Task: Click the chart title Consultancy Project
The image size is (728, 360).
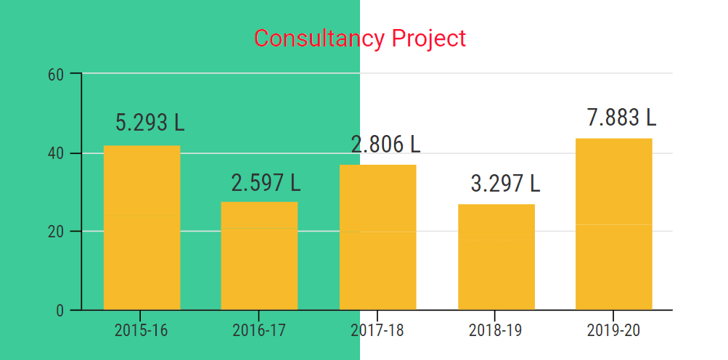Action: [360, 38]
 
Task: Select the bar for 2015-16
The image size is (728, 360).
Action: [142, 228]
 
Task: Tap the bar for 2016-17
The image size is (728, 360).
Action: [259, 255]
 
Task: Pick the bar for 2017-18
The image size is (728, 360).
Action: [377, 237]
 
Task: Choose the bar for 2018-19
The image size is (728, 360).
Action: [496, 257]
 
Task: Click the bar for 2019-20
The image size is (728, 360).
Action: [613, 224]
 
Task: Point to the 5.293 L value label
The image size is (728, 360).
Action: [150, 123]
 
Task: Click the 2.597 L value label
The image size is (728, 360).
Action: [266, 184]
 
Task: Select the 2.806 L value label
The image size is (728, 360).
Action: [385, 144]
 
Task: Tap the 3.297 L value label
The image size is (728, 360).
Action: [505, 184]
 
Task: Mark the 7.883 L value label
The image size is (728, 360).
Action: [621, 117]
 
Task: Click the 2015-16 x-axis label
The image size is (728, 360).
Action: [141, 330]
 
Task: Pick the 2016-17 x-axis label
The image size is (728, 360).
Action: [259, 330]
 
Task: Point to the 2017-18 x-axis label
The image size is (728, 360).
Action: [377, 330]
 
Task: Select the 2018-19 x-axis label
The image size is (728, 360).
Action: [495, 330]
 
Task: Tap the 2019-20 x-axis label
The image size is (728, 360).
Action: [613, 330]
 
